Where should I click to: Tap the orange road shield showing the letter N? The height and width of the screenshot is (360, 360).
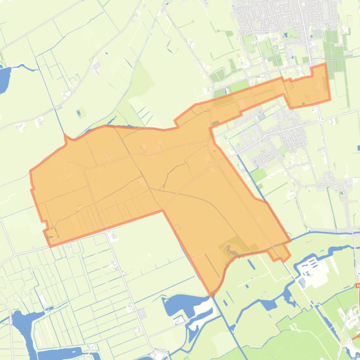coord(358,286)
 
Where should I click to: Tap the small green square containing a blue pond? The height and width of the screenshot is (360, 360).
coord(81,112)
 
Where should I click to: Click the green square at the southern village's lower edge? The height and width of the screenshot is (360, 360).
coord(259,175)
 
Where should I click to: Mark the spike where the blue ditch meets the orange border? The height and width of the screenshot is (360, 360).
coord(66,136)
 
